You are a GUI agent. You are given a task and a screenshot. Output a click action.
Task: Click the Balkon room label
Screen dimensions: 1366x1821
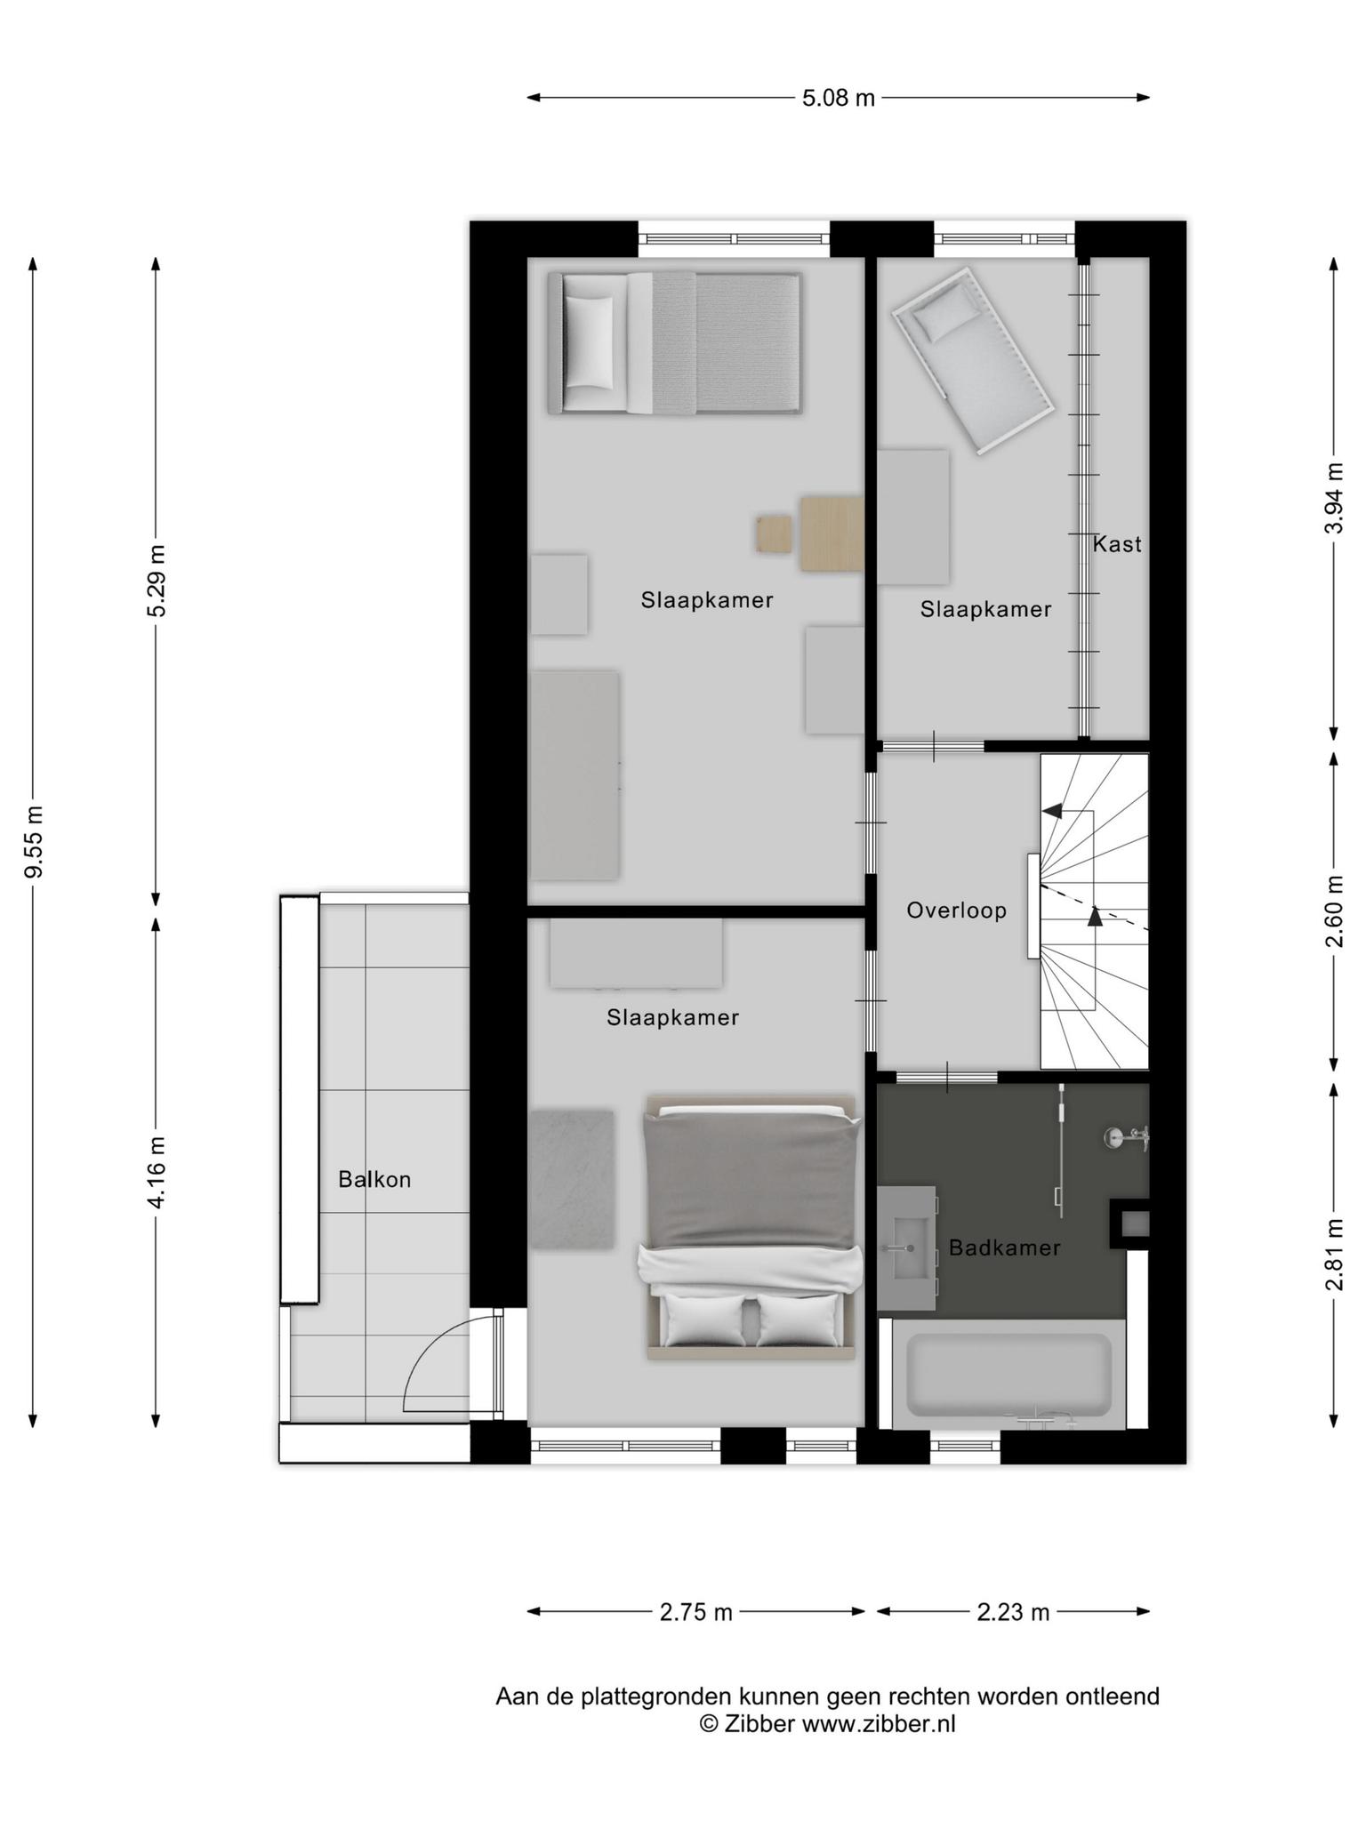point(374,1180)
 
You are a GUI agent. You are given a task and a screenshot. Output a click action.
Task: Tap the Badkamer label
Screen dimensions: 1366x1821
point(1004,1248)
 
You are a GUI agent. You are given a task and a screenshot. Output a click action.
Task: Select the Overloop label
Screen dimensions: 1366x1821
point(957,910)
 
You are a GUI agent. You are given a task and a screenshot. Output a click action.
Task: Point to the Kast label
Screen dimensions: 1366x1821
point(1117,544)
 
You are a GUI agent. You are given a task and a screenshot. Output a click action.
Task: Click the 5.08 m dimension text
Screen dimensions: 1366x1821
point(839,98)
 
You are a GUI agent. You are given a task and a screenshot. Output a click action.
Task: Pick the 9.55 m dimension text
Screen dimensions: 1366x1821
point(34,841)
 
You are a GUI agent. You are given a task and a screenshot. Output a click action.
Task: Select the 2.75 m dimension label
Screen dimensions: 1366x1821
point(696,1612)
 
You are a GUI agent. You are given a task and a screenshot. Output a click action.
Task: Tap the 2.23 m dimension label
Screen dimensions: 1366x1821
point(1014,1612)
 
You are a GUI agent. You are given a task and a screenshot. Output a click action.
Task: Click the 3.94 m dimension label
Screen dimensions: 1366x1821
point(1333,498)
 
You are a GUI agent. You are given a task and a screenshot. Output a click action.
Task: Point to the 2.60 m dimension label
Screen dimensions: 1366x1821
point(1333,911)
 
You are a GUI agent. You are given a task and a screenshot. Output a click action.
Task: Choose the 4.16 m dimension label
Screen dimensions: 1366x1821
point(157,1172)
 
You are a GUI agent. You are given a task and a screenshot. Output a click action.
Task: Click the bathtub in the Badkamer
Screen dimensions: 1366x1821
point(1008,1374)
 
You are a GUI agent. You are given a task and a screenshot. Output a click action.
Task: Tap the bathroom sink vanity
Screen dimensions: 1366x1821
point(907,1247)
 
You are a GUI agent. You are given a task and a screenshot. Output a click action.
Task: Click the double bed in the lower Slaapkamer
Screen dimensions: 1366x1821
point(751,1227)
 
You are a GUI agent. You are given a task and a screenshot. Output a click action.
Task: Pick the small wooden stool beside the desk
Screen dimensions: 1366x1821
point(775,534)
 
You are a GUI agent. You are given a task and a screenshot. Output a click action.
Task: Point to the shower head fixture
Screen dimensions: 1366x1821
point(1126,1137)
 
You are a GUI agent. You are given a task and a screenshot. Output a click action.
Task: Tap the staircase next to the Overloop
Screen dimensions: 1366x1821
point(1095,911)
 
